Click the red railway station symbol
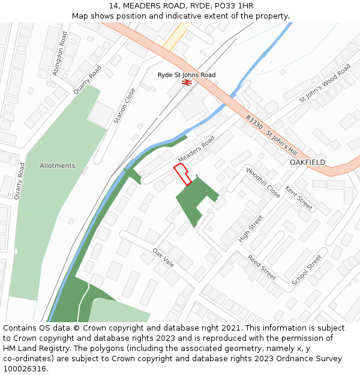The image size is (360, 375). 187,83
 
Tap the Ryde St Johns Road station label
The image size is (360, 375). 186,75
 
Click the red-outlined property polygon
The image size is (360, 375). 182,175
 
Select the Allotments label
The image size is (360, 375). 58,166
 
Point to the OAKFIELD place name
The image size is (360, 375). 308,163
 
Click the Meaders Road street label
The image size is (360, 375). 196,149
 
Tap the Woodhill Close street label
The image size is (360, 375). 263,183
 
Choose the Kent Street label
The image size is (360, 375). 299,198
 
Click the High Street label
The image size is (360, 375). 251,229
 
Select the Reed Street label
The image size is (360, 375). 262,268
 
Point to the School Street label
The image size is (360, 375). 307,270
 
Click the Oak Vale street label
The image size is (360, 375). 163,258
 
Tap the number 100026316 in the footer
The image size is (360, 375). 25,368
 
